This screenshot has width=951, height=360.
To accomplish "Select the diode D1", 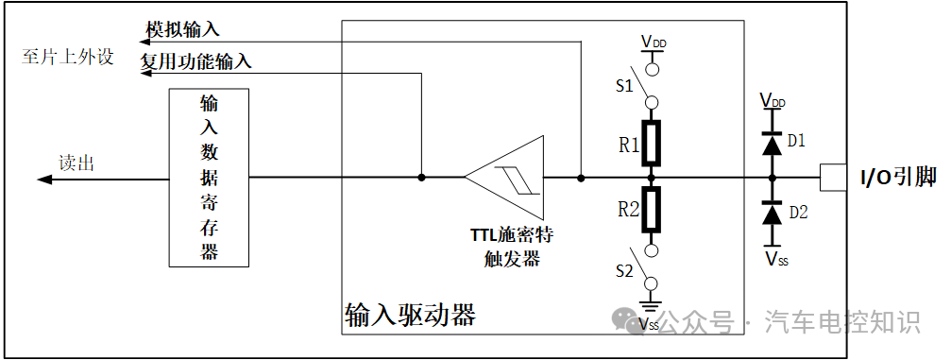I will pyautogui.click(x=772, y=143).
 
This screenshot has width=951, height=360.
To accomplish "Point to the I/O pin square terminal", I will pyautogui.click(x=832, y=177).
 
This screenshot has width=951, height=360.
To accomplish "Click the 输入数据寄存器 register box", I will pyautogui.click(x=209, y=178).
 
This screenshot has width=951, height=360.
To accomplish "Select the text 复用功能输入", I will pyautogui.click(x=196, y=62).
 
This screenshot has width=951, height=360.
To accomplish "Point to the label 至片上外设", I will pyautogui.click(x=67, y=57).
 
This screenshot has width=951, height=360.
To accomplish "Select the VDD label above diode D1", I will pyautogui.click(x=772, y=98).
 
